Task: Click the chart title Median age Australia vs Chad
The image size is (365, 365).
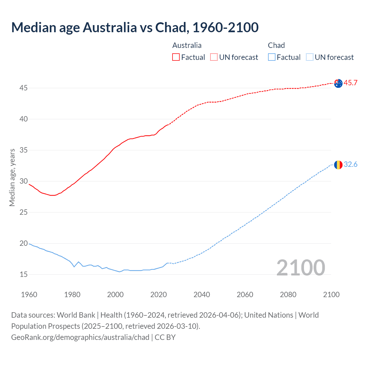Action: [x=135, y=27]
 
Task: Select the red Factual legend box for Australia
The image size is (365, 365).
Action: [x=176, y=57]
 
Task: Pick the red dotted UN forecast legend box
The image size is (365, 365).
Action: [x=214, y=57]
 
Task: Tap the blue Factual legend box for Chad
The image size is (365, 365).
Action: [x=272, y=57]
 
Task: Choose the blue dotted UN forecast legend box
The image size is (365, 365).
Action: [x=310, y=57]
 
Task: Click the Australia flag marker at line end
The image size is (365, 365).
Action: [x=338, y=84]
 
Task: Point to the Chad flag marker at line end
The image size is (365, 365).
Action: [x=338, y=165]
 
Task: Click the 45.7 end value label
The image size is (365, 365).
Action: [x=350, y=83]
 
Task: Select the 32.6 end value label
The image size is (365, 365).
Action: [x=350, y=165]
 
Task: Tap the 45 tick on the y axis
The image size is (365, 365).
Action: [x=23, y=88]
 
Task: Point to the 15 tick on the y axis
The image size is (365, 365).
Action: [x=23, y=275]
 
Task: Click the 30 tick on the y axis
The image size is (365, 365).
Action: [x=23, y=181]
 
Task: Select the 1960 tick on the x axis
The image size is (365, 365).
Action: [x=29, y=295]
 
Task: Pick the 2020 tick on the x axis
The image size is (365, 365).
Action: [x=159, y=295]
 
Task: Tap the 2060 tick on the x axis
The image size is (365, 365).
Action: [x=245, y=295]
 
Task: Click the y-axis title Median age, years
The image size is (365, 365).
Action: [x=12, y=177]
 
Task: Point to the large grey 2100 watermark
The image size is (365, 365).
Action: [x=301, y=268]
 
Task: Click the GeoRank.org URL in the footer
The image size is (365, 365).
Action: [x=80, y=337]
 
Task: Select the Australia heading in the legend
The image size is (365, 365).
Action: [x=187, y=45]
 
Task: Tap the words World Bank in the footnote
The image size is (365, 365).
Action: [x=76, y=315]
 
